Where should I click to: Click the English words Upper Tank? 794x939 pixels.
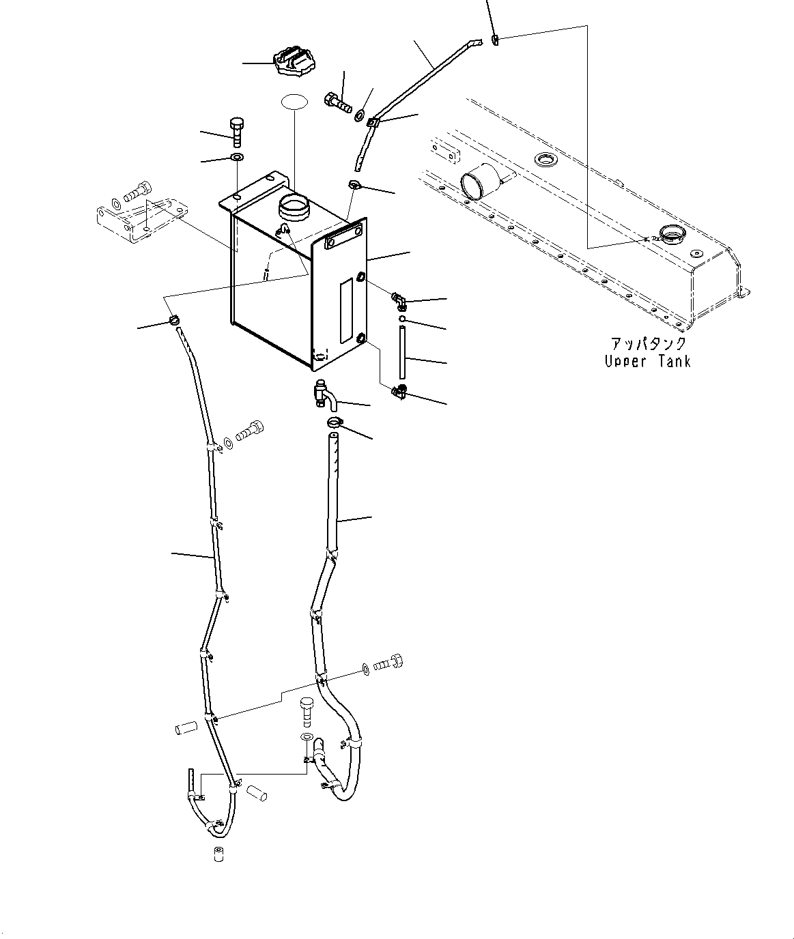point(647,362)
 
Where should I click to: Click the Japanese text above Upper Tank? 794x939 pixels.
point(647,344)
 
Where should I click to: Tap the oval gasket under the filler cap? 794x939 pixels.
point(294,102)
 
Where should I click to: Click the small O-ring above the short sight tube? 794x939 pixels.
point(403,318)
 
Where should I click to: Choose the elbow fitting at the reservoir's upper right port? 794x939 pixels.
point(399,299)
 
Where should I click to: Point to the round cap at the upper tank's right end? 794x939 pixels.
point(672,237)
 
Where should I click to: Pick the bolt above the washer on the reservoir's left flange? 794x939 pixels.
point(236,131)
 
